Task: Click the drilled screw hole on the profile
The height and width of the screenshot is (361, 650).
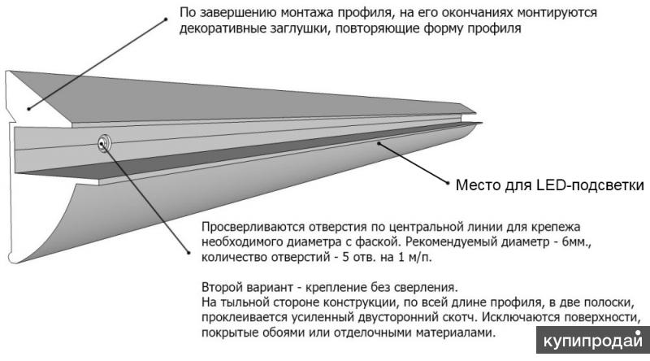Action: click(x=104, y=143)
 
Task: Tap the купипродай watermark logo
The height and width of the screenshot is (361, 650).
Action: click(x=593, y=340)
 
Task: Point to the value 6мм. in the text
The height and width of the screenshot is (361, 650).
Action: click(x=576, y=242)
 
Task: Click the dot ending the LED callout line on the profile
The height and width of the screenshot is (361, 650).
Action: click(x=379, y=143)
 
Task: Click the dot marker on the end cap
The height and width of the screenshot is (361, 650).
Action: click(x=29, y=109)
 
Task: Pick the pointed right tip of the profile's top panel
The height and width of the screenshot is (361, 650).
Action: click(x=475, y=112)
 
